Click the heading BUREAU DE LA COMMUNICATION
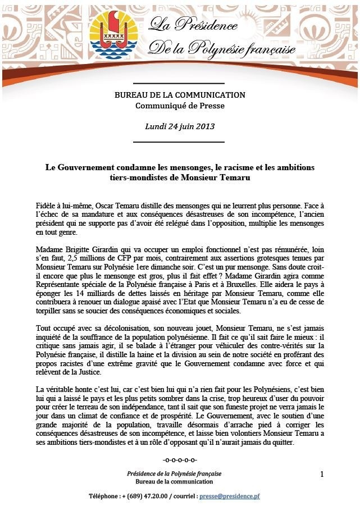coord(180,95)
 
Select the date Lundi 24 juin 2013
coord(180,126)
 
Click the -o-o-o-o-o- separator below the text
coord(180,461)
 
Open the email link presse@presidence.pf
coord(232,496)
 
